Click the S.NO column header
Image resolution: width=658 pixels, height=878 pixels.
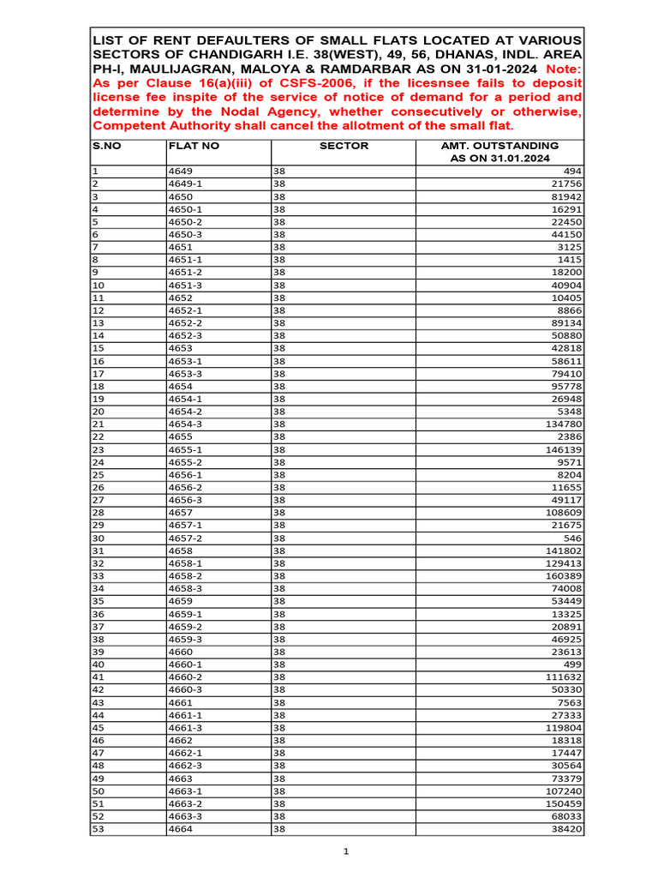coord(107,146)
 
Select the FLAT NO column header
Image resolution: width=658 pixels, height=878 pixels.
coord(194,146)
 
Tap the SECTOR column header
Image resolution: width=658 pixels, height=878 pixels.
coord(344,146)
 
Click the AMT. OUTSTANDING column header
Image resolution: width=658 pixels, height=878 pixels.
coord(499,152)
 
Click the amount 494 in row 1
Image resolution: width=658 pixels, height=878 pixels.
coord(571,171)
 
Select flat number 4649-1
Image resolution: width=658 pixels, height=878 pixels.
coord(185,184)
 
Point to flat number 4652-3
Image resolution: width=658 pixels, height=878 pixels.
coord(185,335)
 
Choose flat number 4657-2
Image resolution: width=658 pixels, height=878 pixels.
coord(185,538)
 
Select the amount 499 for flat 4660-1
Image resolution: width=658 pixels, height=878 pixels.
coord(571,664)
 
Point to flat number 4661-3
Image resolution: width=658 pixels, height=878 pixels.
coord(185,727)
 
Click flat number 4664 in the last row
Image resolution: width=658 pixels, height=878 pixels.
coord(180,829)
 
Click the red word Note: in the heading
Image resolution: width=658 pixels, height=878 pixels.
coord(562,69)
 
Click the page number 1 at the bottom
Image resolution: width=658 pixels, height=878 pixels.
coord(346,851)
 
